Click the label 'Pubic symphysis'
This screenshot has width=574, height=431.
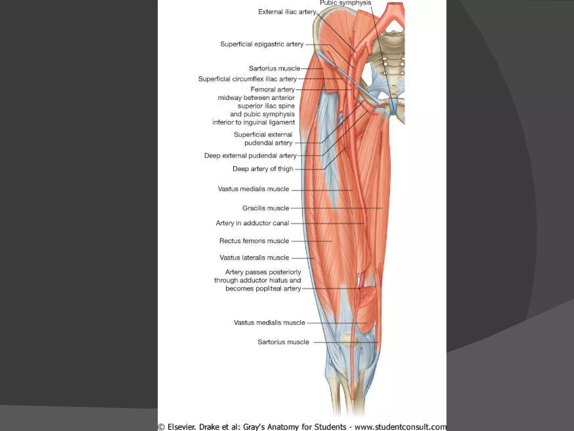345,3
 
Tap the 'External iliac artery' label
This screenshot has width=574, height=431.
287,12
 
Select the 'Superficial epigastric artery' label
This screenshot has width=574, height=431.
262,44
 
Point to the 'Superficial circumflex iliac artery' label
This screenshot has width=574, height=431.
247,79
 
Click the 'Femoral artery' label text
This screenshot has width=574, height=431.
272,90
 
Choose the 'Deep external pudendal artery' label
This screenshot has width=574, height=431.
250,156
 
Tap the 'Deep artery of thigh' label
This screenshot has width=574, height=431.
263,169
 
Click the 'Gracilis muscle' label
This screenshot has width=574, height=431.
265,208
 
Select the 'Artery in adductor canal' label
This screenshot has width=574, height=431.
252,223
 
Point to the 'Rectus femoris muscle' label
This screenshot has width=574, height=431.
254,241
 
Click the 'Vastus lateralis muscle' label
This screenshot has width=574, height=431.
254,258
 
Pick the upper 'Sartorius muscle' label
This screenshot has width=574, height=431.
274,68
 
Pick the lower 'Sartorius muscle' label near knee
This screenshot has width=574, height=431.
283,342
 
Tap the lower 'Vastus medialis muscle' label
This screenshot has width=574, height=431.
269,323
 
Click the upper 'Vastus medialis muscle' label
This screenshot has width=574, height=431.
253,189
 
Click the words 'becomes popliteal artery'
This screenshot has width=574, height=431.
263,288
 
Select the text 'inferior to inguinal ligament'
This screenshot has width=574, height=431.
253,122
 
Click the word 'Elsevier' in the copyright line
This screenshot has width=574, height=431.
181,427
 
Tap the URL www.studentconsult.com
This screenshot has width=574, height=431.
400,427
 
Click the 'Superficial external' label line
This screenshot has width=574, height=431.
263,135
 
